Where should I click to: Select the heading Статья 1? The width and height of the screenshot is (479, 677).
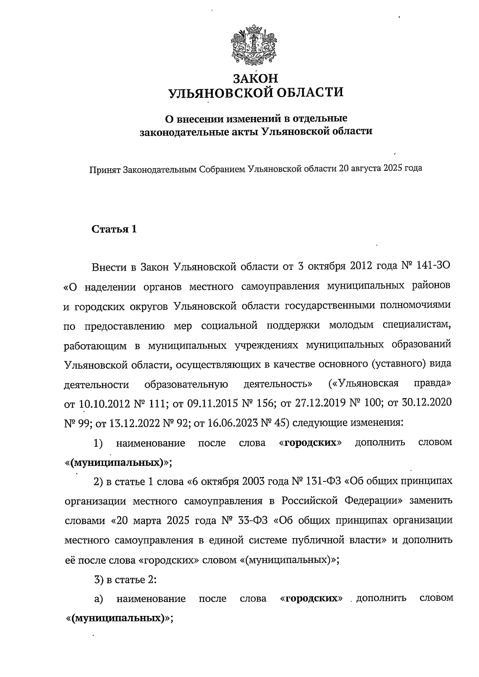[x=115, y=229]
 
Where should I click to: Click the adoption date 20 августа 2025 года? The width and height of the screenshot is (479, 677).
[x=380, y=168]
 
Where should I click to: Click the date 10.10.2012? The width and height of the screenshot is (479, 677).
[x=105, y=403]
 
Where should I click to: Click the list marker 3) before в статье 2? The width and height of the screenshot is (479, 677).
[x=99, y=579]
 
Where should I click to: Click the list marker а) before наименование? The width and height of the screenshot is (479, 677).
[x=99, y=599]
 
